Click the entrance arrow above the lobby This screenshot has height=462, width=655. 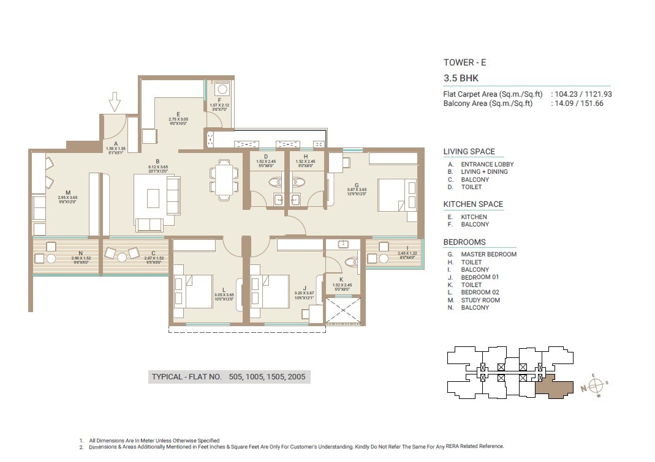[x=115, y=102]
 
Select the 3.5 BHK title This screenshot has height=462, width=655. [x=461, y=78]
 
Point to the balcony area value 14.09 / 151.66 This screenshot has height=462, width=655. [x=579, y=103]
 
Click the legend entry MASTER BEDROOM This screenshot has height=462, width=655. [x=488, y=255]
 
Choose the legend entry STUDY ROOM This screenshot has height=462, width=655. [x=480, y=300]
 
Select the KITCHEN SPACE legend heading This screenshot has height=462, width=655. [x=473, y=204]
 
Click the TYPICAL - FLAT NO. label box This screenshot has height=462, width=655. [x=229, y=377]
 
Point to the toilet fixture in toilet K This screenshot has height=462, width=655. [x=351, y=263]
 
